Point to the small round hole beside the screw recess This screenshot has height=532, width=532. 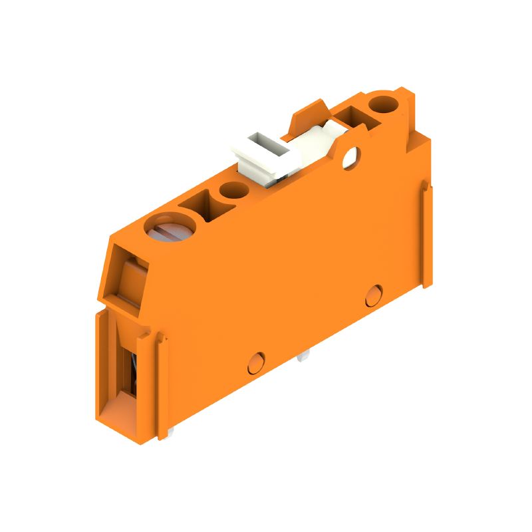point(233,191)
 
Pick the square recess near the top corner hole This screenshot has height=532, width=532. point(350,120)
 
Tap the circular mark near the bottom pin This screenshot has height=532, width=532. point(255,362)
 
